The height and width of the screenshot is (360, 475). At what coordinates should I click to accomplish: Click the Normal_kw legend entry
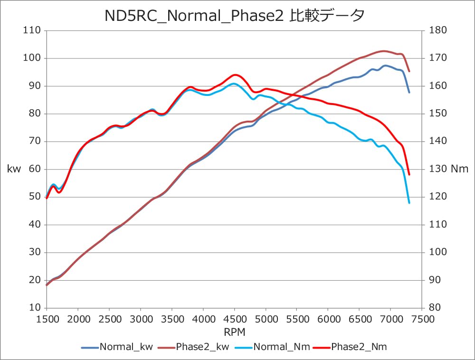tap(126, 347)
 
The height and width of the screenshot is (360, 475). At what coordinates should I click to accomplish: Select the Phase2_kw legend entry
tap(202, 347)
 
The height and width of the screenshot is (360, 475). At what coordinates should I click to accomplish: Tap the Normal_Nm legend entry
tap(281, 347)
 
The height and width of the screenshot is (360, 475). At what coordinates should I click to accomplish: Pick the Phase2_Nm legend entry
tap(359, 347)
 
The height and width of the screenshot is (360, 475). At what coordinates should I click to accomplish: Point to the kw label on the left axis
tap(14, 169)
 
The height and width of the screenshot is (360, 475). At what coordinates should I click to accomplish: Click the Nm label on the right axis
tap(459, 169)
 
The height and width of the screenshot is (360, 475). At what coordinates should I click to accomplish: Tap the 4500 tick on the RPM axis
tap(234, 319)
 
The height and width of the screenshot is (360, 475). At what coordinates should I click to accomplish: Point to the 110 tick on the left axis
tap(34, 30)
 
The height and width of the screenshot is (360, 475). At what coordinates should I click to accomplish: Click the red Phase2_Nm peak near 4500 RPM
tap(235, 75)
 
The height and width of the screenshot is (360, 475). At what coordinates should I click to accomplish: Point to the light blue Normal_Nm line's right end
tap(409, 203)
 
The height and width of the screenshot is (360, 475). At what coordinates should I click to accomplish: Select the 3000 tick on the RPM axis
tap(141, 319)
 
